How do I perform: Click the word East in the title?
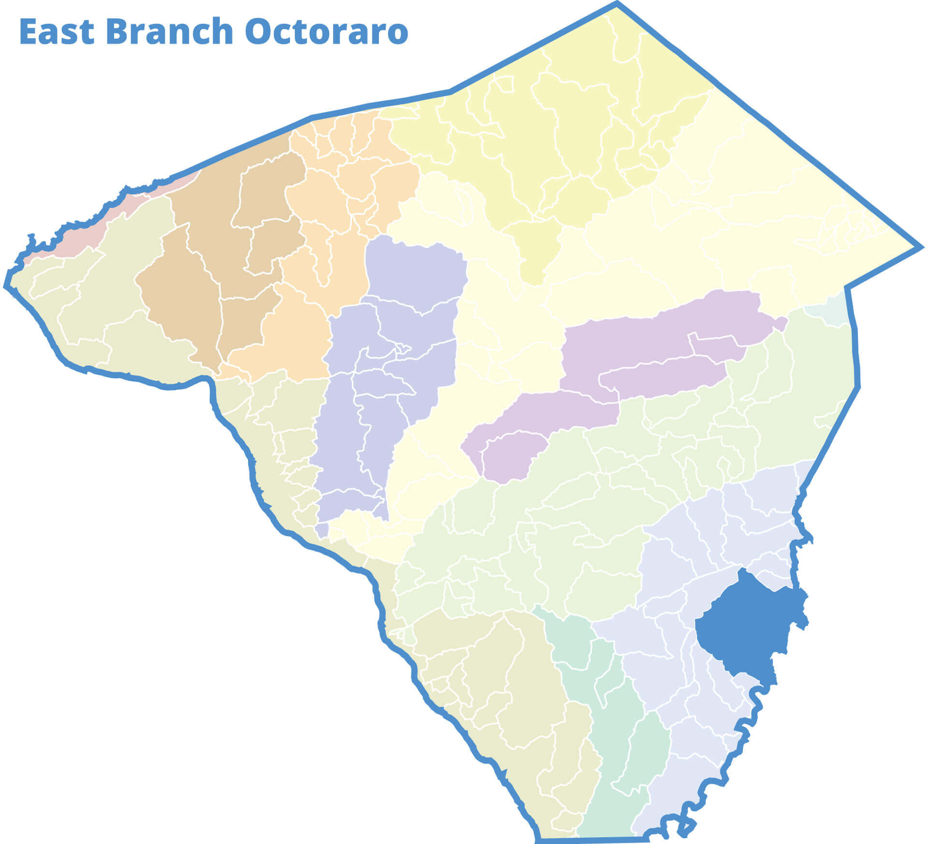(57, 32)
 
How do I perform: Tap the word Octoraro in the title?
(326, 32)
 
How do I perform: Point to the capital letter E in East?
(28, 32)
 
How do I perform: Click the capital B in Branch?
(114, 32)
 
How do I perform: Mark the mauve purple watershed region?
(652, 348)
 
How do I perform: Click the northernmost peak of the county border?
(617, 4)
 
